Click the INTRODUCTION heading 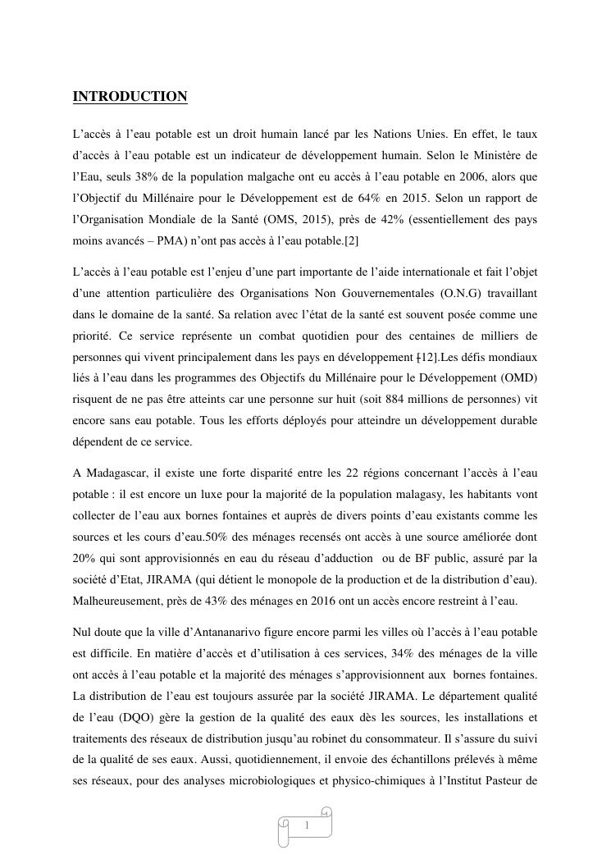[130, 97]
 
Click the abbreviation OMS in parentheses [299, 221]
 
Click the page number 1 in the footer [307, 825]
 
